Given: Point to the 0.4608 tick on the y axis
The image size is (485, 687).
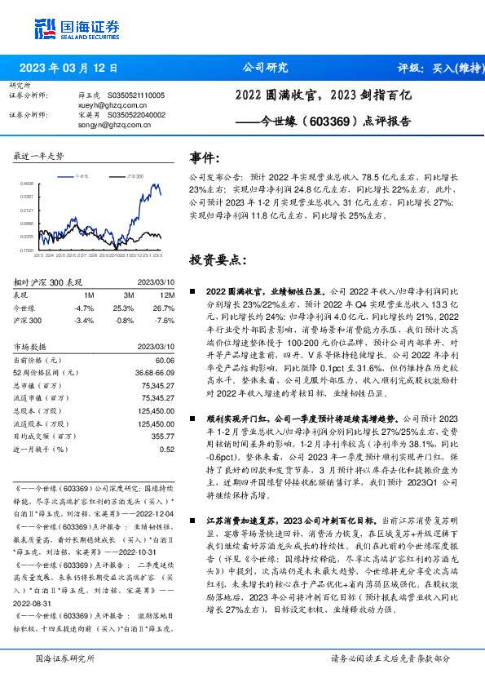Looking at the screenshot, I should click(28, 184).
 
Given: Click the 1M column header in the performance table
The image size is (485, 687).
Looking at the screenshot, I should click(90, 295).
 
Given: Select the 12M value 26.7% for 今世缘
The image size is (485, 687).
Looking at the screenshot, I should click(164, 308).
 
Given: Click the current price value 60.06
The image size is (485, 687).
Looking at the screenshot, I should click(165, 360).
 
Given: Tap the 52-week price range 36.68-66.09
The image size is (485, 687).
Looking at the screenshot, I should click(155, 373).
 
